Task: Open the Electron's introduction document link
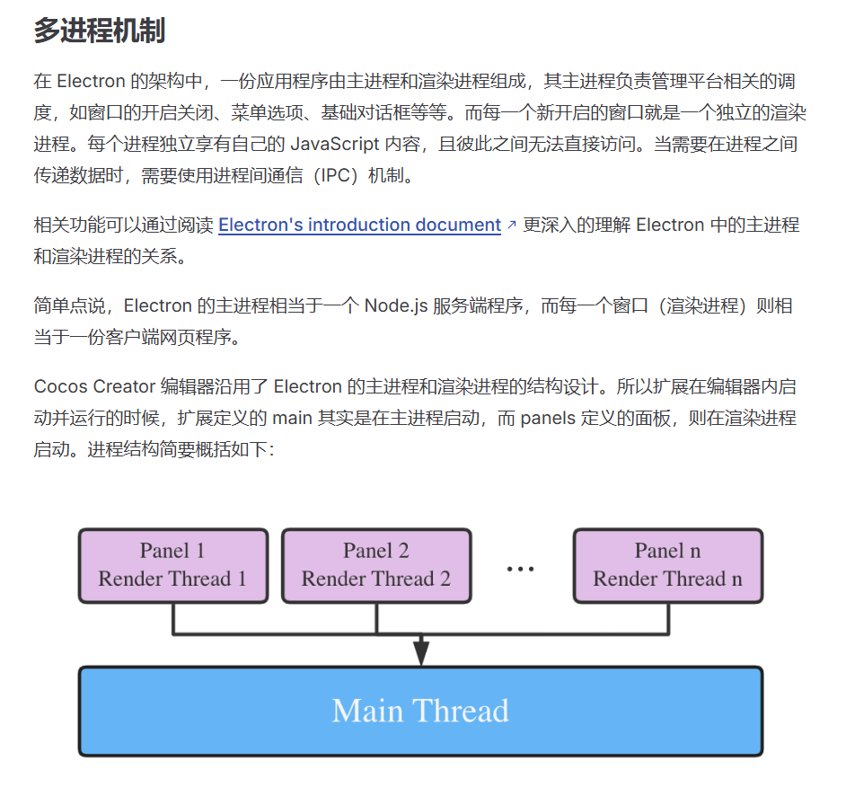coord(359,225)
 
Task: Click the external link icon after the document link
coord(512,225)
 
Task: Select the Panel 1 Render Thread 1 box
coord(172,565)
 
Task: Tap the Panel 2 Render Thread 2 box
coord(376,565)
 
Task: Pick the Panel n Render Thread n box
coord(667,565)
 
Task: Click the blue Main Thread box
coord(420,711)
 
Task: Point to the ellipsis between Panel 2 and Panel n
coord(521,569)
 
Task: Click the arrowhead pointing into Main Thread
coord(420,653)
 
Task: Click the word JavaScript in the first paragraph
coord(334,144)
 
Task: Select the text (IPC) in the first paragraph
coord(330,175)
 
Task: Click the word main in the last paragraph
coord(292,418)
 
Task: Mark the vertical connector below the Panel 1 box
coord(173,618)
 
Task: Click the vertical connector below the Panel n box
coord(668,618)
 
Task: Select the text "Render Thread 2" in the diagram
coord(376,579)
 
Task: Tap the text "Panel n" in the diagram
coord(667,551)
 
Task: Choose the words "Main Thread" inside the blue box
coord(420,711)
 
